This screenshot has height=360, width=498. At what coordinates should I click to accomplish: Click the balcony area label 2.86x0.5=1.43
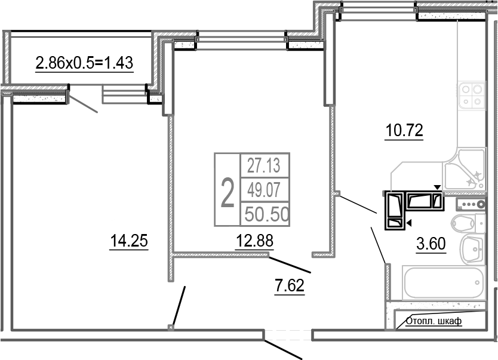84,63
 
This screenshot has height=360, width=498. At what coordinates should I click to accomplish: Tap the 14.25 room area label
129,241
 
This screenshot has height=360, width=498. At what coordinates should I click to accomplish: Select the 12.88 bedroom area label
255,241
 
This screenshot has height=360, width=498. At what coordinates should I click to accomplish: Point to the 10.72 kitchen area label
404,130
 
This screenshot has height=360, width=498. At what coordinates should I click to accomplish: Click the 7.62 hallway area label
290,285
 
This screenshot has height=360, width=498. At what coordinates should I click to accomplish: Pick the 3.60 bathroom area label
431,244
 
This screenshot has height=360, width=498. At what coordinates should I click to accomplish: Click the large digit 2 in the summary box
228,193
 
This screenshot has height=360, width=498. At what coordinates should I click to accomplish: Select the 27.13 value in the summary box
264,166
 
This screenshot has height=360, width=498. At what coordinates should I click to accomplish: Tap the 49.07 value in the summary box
264,190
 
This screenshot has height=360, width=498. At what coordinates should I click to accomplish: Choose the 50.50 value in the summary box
267,214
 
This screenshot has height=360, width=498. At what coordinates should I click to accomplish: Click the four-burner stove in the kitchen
472,96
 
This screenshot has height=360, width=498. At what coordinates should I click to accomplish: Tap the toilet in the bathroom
468,223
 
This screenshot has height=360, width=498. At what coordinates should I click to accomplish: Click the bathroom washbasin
472,250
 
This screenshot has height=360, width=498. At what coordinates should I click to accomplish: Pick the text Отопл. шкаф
434,321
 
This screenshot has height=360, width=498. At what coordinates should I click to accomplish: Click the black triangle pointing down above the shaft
438,187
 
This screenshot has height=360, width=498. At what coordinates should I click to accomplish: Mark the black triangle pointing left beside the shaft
409,223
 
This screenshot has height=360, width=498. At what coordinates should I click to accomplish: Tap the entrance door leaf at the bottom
283,350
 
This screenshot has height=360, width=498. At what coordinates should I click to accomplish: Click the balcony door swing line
83,104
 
